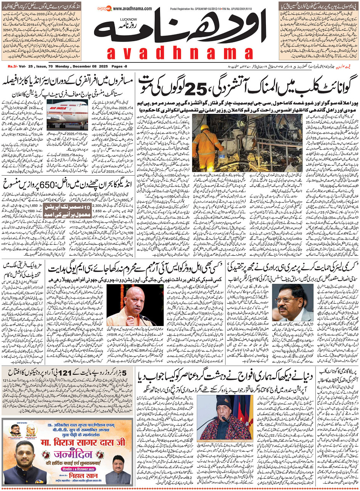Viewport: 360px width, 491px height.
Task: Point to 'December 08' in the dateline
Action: point(86,67)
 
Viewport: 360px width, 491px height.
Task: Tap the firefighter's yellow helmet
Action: point(205,128)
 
